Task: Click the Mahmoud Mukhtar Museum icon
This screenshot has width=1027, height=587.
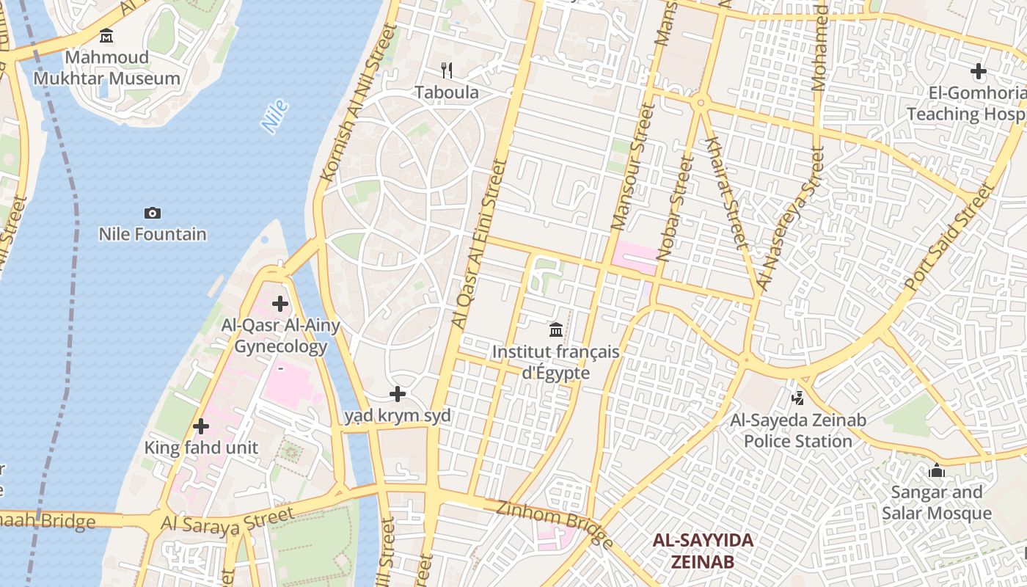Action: click(x=106, y=35)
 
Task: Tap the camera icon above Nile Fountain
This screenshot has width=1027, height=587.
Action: click(x=153, y=214)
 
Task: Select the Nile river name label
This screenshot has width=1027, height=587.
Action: click(x=274, y=117)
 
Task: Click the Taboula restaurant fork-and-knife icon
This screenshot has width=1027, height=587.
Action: click(x=446, y=70)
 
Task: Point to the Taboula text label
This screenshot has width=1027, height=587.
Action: click(x=446, y=92)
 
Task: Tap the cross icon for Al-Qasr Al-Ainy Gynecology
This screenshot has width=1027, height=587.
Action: click(x=280, y=304)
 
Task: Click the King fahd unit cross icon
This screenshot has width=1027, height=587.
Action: click(x=201, y=426)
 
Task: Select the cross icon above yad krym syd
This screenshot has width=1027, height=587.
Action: click(x=398, y=395)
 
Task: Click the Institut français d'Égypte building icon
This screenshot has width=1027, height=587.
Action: click(x=556, y=330)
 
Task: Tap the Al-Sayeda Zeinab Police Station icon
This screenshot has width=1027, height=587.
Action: click(x=798, y=398)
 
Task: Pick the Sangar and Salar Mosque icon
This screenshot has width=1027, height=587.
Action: click(x=937, y=470)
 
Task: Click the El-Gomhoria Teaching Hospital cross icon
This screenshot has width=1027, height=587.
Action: click(x=979, y=72)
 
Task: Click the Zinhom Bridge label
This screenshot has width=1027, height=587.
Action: click(x=555, y=524)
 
